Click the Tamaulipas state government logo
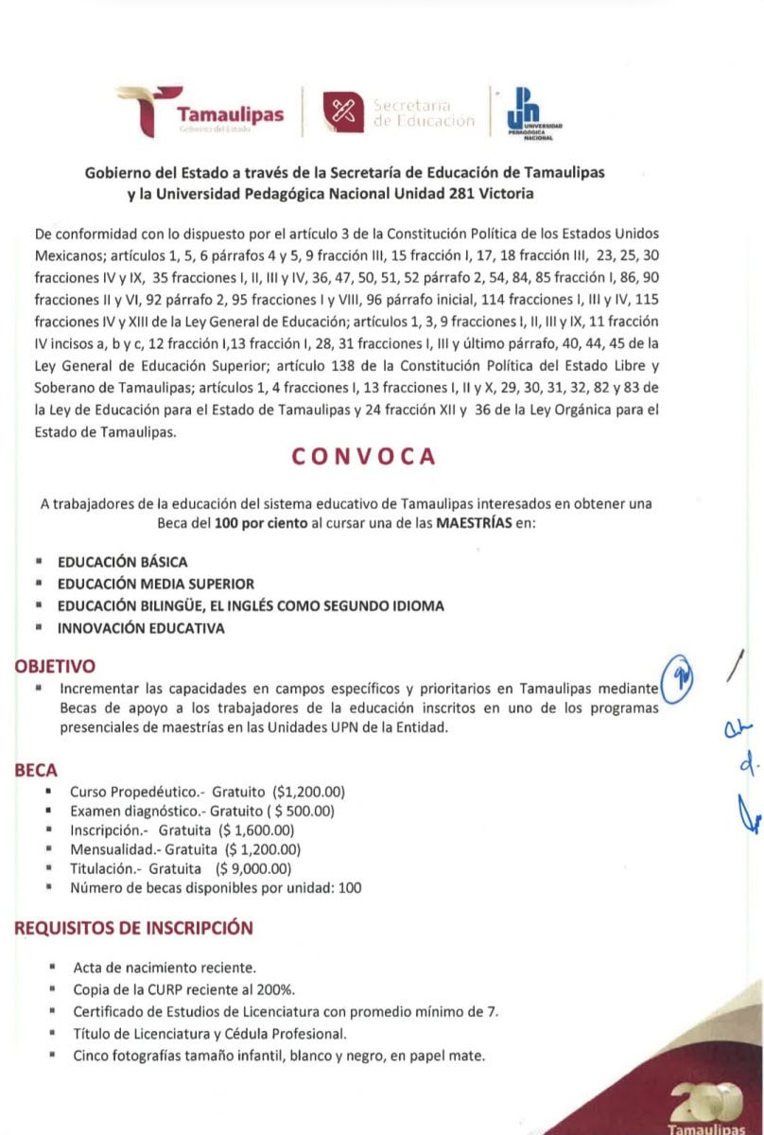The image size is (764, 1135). click(200, 112)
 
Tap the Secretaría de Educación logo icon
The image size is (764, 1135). click(342, 112)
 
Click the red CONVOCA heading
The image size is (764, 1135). click(364, 456)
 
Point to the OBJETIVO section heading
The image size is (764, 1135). click(55, 667)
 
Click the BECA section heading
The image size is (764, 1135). click(36, 772)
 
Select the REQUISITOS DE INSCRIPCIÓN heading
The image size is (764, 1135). click(133, 928)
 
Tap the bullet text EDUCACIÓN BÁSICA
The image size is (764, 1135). click(122, 562)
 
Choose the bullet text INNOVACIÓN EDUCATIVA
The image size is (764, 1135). click(141, 628)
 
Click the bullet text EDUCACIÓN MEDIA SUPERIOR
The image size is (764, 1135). click(156, 584)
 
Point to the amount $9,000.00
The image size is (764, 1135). click(255, 869)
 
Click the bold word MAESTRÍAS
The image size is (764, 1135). click(474, 523)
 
